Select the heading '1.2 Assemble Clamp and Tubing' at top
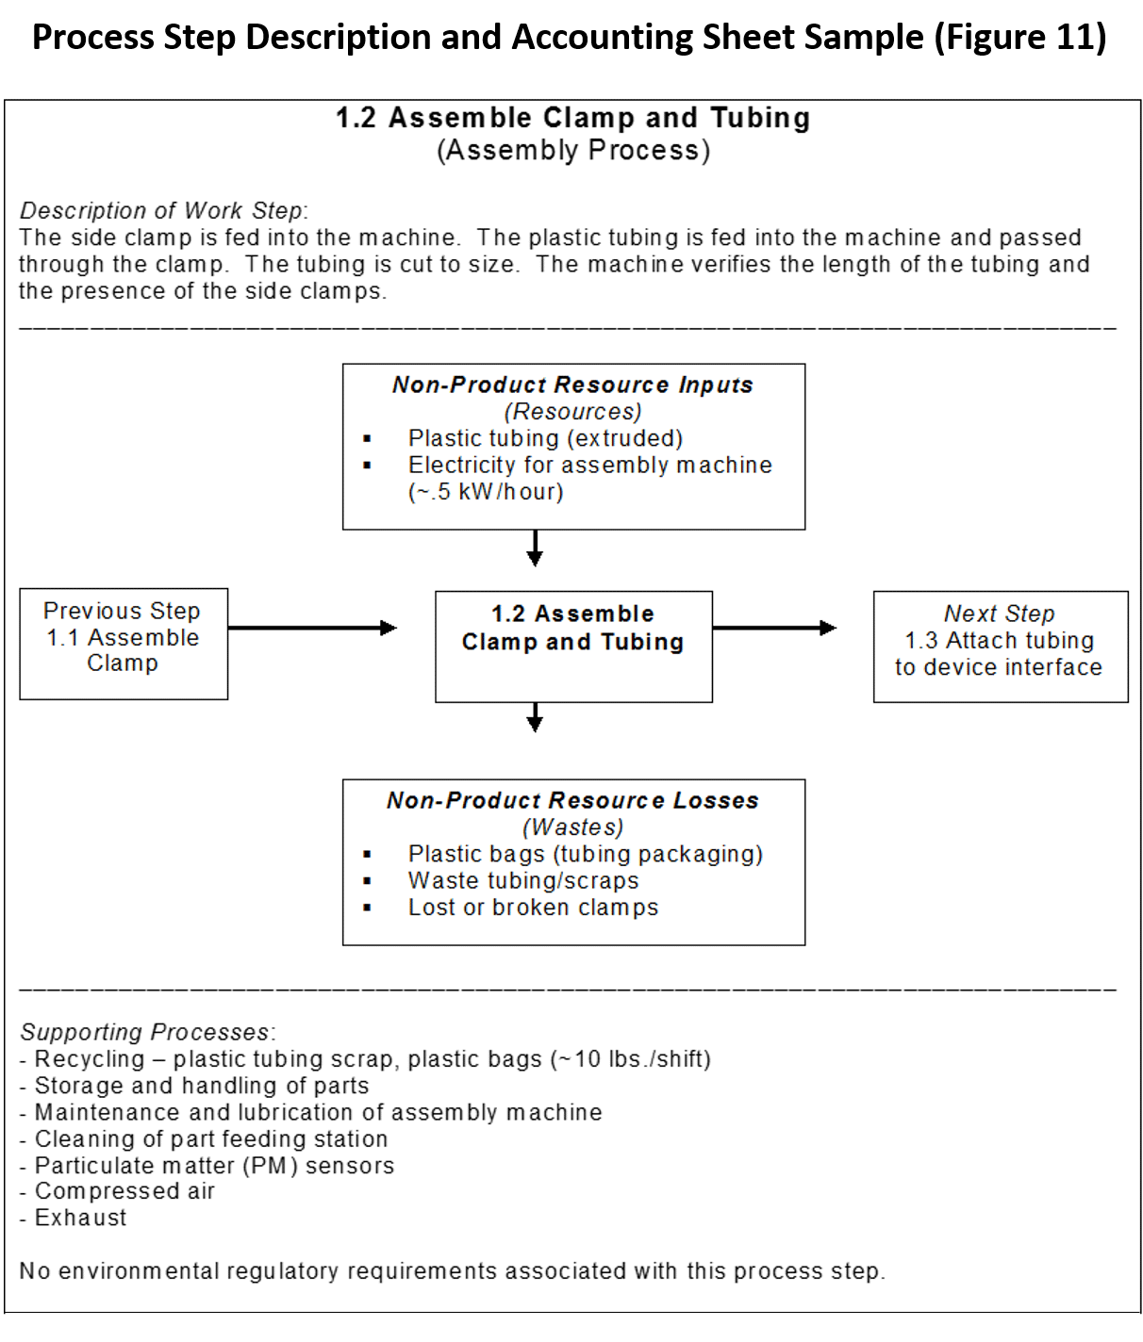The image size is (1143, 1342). [572, 118]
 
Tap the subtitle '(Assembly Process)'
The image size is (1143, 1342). [572, 151]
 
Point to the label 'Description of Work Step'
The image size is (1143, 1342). [162, 210]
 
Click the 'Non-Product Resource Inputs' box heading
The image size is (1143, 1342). [572, 385]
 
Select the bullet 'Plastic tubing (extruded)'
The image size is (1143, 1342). [545, 438]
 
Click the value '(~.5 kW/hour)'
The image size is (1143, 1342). [486, 492]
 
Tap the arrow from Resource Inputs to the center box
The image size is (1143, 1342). [535, 548]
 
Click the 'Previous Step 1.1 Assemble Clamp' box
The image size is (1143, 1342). [124, 644]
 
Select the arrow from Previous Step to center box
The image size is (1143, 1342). [311, 628]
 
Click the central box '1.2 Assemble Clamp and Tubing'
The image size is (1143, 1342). [573, 646]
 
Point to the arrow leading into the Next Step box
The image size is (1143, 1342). [773, 628]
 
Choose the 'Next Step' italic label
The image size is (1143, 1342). [999, 614]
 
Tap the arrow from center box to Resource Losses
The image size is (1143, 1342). [535, 718]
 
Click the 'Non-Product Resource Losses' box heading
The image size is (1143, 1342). [572, 800]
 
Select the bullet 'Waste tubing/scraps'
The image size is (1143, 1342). [523, 880]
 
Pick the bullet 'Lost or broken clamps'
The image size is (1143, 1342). [533, 908]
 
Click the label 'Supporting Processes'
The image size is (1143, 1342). [146, 1032]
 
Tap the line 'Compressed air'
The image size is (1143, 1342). [124, 1191]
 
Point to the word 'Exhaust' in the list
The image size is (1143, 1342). [80, 1218]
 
